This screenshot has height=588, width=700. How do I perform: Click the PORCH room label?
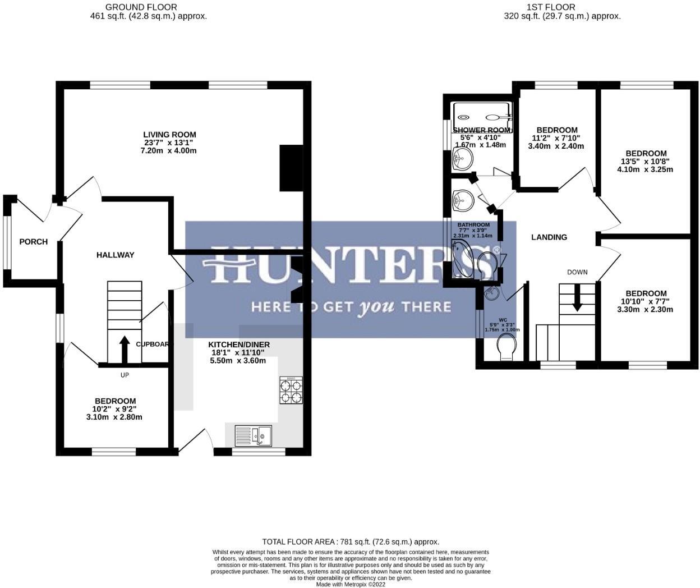[33, 242]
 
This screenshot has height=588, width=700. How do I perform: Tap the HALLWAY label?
[116, 255]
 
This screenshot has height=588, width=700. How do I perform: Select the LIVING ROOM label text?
[169, 135]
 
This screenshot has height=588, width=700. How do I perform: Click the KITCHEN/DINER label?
[239, 344]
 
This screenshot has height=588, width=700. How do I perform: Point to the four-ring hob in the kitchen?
[291, 391]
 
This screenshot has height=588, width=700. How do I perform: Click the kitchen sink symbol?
[253, 435]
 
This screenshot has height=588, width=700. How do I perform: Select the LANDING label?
[549, 237]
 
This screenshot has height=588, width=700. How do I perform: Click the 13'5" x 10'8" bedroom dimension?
[646, 162]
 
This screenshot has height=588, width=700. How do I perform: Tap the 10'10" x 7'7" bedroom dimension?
[646, 301]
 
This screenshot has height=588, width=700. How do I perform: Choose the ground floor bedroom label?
[115, 401]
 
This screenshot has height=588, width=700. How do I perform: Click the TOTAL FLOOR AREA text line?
[351, 542]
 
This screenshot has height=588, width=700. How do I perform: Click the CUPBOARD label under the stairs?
[151, 344]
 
